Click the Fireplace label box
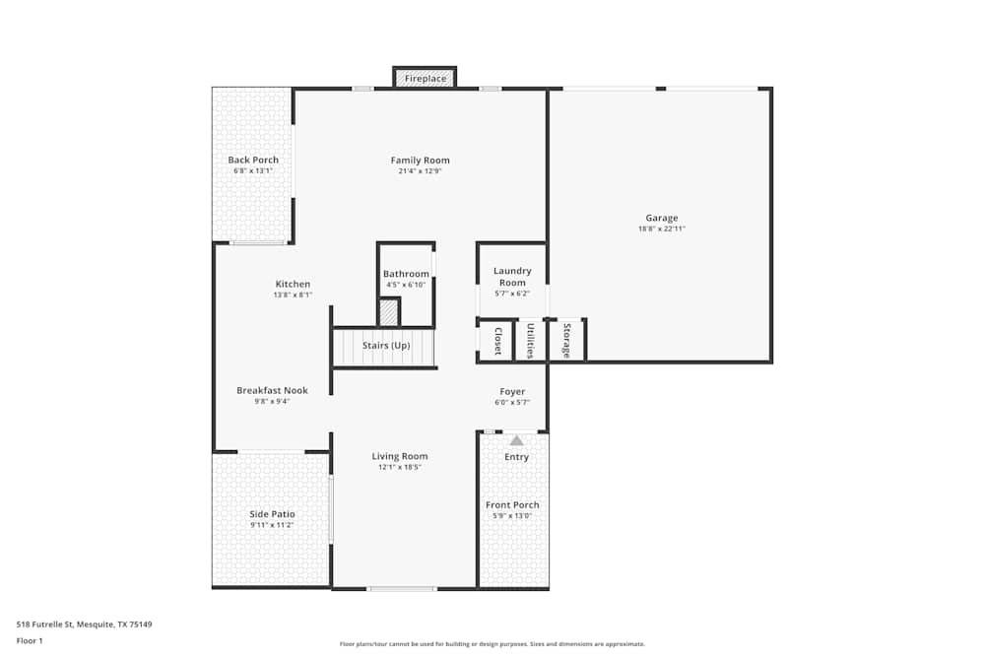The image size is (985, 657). pyautogui.click(x=426, y=78)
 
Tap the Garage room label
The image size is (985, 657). pyautogui.click(x=662, y=218)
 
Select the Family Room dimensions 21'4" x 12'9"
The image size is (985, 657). pyautogui.click(x=420, y=171)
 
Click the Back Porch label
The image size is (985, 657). pyautogui.click(x=253, y=160)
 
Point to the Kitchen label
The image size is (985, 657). pyautogui.click(x=293, y=284)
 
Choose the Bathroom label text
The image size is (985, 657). pyautogui.click(x=406, y=274)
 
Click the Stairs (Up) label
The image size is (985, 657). pyautogui.click(x=386, y=346)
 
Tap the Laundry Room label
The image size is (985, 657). pyautogui.click(x=512, y=277)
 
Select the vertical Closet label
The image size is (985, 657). pyautogui.click(x=497, y=341)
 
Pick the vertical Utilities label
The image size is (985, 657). pyautogui.click(x=530, y=341)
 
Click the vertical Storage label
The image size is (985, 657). pyautogui.click(x=566, y=341)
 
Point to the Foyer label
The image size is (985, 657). pyautogui.click(x=512, y=391)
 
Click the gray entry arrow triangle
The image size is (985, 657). pyautogui.click(x=516, y=440)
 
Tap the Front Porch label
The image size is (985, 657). pyautogui.click(x=512, y=505)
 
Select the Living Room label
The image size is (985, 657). pyautogui.click(x=400, y=456)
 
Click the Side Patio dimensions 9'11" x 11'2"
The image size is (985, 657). pyautogui.click(x=272, y=525)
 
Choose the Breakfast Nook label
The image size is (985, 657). pyautogui.click(x=272, y=390)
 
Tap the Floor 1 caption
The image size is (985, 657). pyautogui.click(x=30, y=640)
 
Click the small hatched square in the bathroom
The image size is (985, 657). pyautogui.click(x=390, y=312)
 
